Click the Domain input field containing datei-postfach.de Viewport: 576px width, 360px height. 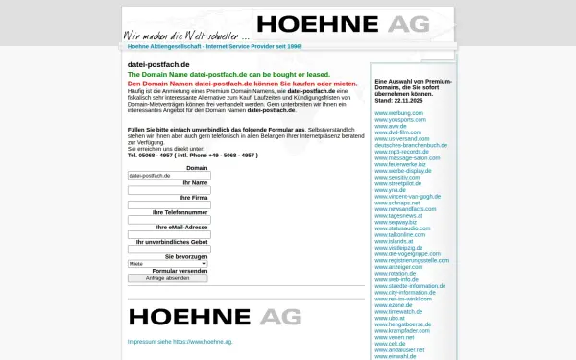[x=168, y=176]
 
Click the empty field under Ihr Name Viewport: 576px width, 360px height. [x=168, y=190]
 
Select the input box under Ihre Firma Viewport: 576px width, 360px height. [x=168, y=204]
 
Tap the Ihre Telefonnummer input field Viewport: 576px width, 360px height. [x=168, y=220]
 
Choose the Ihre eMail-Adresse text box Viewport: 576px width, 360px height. [x=168, y=235]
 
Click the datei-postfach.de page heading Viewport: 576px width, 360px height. [x=158, y=64]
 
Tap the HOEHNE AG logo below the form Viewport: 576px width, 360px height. [x=215, y=316]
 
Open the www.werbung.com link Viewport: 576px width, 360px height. [x=398, y=113]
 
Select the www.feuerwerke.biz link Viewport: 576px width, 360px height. [x=400, y=164]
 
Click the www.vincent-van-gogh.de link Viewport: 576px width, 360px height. [x=407, y=196]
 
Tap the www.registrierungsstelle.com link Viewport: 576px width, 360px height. [x=412, y=259]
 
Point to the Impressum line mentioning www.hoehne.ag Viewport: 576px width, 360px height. [x=180, y=342]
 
